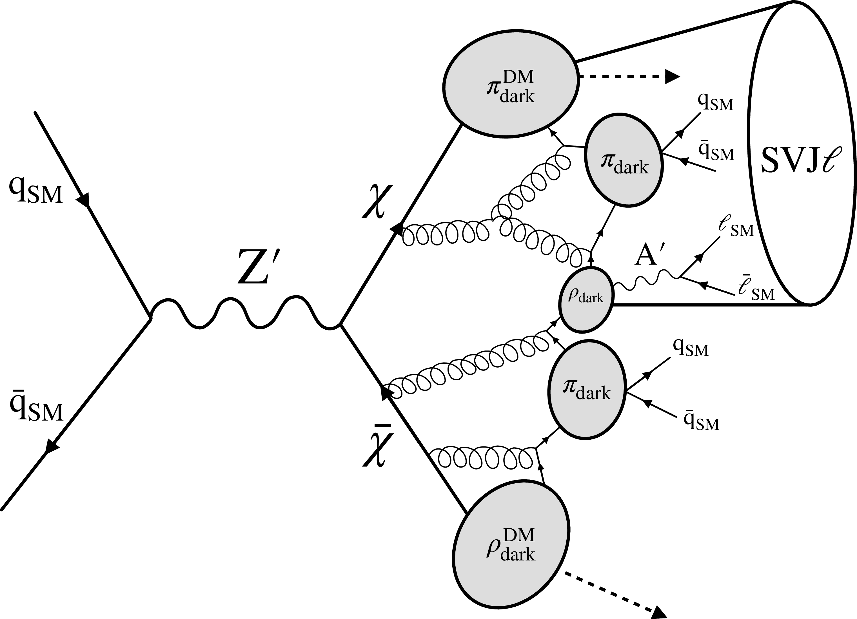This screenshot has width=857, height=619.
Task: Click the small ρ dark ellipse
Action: pyautogui.click(x=586, y=300)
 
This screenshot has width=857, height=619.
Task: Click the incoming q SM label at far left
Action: pyautogui.click(x=36, y=192)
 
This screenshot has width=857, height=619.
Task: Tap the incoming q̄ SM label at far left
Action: pyautogui.click(x=37, y=408)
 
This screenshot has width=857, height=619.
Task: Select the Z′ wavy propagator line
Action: pyautogui.click(x=246, y=314)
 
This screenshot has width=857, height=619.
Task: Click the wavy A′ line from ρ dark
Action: pyautogui.click(x=646, y=281)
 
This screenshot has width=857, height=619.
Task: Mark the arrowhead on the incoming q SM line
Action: pyautogui.click(x=84, y=199)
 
